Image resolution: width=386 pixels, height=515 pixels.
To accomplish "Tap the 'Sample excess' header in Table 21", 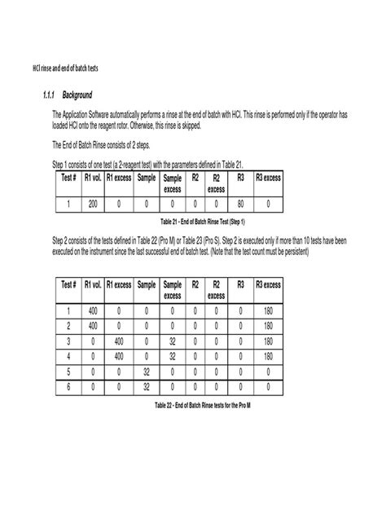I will pos(173,182).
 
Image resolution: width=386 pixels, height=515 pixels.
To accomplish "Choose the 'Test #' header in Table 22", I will pos(68,284).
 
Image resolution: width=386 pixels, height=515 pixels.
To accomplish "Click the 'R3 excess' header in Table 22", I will pos(269,284).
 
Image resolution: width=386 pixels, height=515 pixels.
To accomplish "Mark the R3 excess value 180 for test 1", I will pos(269,310).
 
